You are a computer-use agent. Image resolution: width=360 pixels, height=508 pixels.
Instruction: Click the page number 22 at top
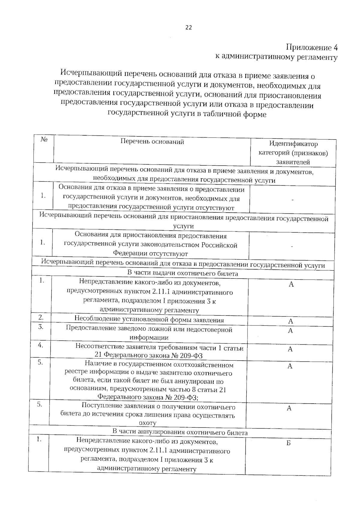click(188, 28)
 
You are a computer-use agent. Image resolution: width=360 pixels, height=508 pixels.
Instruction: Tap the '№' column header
click(44, 140)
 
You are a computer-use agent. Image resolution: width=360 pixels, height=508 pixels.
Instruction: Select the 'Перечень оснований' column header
click(152, 141)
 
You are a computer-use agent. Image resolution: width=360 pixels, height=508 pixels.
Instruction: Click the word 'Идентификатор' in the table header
click(293, 144)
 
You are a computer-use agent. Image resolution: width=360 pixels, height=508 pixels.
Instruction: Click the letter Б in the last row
click(288, 443)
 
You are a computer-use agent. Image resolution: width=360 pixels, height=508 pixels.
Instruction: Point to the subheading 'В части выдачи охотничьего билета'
click(183, 273)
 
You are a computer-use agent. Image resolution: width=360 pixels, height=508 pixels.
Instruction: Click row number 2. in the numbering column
click(41, 317)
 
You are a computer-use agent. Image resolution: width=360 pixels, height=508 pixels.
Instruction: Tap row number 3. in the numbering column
click(41, 327)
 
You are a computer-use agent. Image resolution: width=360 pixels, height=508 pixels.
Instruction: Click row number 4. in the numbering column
click(40, 345)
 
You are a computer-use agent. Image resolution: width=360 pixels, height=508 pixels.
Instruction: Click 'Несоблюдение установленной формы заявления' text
click(149, 320)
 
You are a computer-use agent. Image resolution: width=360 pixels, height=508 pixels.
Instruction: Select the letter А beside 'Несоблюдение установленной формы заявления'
click(290, 321)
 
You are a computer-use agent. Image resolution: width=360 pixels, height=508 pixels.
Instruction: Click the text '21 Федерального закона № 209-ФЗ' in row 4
click(148, 356)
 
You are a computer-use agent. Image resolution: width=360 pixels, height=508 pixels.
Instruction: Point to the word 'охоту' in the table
click(147, 423)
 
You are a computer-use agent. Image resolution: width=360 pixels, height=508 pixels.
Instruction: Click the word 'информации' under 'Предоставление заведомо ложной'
click(149, 337)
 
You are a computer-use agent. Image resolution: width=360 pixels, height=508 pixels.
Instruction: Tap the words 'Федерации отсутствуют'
click(150, 254)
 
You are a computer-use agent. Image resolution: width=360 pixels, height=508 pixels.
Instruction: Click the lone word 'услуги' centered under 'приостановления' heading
click(183, 226)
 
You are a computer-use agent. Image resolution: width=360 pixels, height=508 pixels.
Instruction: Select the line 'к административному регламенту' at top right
click(276, 57)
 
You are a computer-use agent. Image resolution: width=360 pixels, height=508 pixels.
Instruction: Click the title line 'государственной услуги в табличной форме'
click(187, 114)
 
